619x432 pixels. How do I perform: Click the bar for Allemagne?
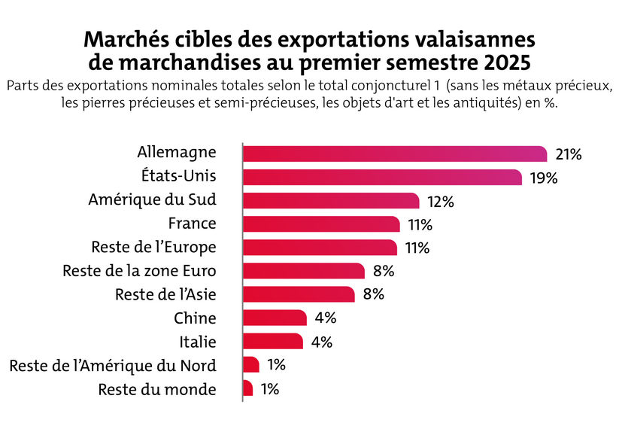tap(395, 154)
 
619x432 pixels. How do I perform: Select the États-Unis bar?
tap(382, 177)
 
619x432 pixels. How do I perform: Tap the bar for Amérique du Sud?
tap(331, 200)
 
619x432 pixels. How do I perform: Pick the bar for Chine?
tap(275, 318)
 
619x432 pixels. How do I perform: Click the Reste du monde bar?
tap(248, 388)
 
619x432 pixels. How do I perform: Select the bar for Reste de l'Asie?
tap(299, 294)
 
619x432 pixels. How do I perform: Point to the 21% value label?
tap(569, 154)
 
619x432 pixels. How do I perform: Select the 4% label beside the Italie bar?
tap(321, 342)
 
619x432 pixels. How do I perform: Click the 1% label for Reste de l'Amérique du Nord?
tap(276, 365)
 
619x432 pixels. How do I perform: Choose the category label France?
tap(192, 224)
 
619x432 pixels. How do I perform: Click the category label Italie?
tap(199, 342)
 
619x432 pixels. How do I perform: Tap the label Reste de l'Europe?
tap(153, 247)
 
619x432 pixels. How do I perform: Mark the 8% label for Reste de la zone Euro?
tap(384, 271)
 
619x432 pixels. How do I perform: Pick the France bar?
tap(321, 224)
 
